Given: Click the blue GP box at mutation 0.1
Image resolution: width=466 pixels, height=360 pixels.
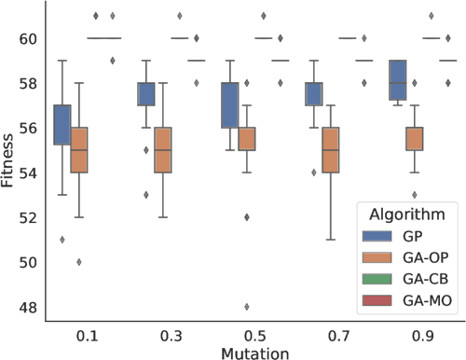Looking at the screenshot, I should pos(62,124).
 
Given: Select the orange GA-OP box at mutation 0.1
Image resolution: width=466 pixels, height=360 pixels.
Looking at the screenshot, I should pos(79,149).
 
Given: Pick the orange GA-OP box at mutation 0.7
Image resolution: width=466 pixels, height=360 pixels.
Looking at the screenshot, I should pos(330,149).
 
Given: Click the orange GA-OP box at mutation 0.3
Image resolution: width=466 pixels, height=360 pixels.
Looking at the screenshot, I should pos(163,149).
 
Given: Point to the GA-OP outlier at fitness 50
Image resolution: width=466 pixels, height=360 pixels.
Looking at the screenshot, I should pos(79,261).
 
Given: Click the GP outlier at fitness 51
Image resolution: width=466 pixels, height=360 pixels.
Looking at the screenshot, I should pos(62,239).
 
